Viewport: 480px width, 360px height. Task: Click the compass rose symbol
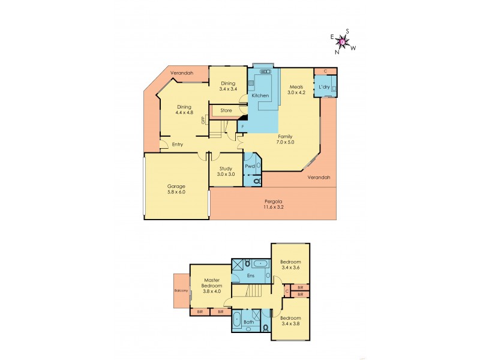pyautogui.click(x=343, y=41)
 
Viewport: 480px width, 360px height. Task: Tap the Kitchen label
pyautogui.click(x=259, y=96)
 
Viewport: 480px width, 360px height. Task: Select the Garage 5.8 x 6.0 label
pyautogui.click(x=176, y=189)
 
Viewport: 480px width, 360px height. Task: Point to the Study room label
pyautogui.click(x=226, y=171)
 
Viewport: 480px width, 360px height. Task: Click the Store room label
pyautogui.click(x=226, y=110)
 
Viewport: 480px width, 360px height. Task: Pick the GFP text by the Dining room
pyautogui.click(x=203, y=119)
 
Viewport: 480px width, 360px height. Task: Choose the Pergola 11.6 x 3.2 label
pyautogui.click(x=274, y=203)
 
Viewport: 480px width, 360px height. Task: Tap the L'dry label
pyautogui.click(x=324, y=87)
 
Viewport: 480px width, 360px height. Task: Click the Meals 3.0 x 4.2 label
pyautogui.click(x=296, y=89)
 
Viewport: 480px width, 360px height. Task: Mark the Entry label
pyautogui.click(x=177, y=145)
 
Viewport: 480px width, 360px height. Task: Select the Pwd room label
pyautogui.click(x=250, y=166)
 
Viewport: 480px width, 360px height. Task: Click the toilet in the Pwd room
pyautogui.click(x=257, y=180)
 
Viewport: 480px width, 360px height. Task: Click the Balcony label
pyautogui.click(x=181, y=291)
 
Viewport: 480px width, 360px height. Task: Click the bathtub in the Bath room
pyautogui.click(x=237, y=317)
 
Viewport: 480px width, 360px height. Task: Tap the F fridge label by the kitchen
pyautogui.click(x=242, y=127)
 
